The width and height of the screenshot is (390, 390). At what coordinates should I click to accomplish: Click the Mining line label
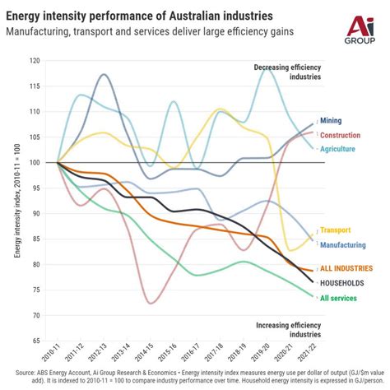[332, 121]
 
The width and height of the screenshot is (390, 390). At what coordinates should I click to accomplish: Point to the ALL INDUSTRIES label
[345, 268]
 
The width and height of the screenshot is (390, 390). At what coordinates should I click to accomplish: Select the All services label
[339, 298]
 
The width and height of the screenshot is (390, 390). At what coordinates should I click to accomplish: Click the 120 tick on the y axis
[34, 61]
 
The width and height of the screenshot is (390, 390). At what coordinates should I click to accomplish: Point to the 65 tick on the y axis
[35, 341]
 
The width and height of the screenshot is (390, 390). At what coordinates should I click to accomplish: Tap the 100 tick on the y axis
[34, 163]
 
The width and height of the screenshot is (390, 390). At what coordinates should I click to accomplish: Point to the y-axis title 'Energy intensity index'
[17, 210]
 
